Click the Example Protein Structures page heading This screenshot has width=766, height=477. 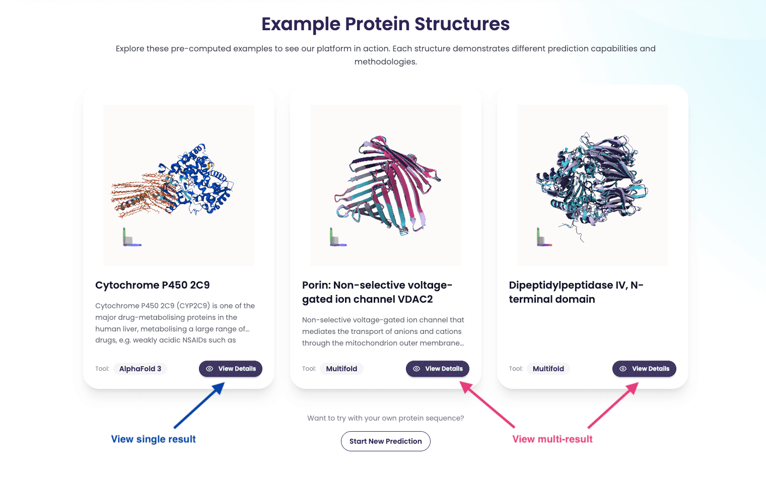pos(385,24)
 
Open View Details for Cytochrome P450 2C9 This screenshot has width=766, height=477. pos(231,369)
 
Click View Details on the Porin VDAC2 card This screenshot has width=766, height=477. pos(437,369)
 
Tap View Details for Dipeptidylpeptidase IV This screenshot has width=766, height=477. pos(644,369)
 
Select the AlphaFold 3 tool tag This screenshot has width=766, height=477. pos(140,369)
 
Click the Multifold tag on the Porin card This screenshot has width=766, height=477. pos(341,369)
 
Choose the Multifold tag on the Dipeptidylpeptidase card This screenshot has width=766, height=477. pos(548,369)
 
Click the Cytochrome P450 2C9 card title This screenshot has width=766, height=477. pos(153,285)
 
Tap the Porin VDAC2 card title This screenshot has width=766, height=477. pos(377,292)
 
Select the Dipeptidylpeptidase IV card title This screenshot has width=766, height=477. pos(576,292)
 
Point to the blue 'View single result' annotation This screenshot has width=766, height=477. pos(153,439)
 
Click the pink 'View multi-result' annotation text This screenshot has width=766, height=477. pos(552,439)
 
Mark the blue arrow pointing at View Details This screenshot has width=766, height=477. pos(199,405)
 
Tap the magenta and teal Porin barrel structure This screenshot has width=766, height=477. pos(387,185)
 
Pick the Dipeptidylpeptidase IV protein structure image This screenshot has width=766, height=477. pos(592,185)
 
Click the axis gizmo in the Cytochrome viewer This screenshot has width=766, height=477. pos(131,237)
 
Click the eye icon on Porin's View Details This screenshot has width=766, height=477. pos(416,369)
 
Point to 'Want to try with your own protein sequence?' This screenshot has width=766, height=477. pos(385,418)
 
